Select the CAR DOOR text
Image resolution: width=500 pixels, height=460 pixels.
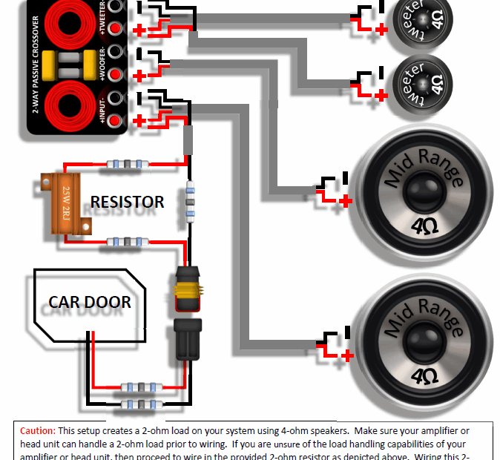pyautogui.click(x=90, y=302)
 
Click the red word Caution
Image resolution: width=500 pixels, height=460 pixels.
pyautogui.click(x=37, y=430)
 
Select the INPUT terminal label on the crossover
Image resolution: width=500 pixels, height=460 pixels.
pyautogui.click(x=102, y=110)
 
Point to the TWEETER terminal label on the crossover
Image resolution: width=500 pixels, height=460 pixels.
pyautogui.click(x=102, y=21)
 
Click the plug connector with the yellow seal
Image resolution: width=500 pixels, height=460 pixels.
pyautogui.click(x=187, y=288)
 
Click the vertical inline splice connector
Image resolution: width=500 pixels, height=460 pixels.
pyautogui.click(x=190, y=200)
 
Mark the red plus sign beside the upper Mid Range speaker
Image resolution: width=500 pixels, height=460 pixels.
pyautogui.click(x=345, y=200)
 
